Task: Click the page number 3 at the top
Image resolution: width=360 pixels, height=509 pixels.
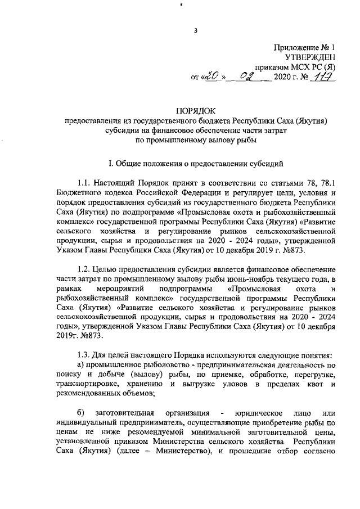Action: pyautogui.click(x=196, y=30)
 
